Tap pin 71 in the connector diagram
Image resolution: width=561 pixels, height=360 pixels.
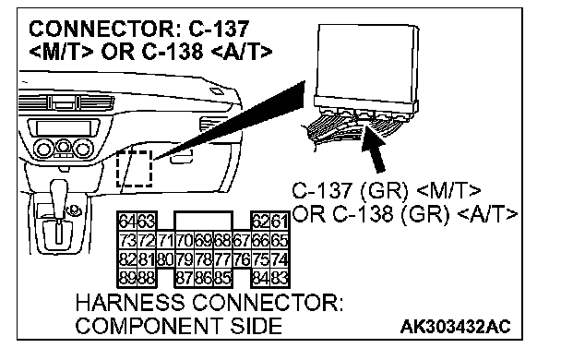(165, 240)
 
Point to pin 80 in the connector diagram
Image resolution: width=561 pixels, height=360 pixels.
(165, 258)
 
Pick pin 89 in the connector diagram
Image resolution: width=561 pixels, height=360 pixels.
(127, 278)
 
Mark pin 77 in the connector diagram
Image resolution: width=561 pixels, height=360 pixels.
(222, 258)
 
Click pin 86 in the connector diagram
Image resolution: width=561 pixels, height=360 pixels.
(204, 278)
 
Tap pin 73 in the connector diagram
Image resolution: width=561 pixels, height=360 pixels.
(127, 240)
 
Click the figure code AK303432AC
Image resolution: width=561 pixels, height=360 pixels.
(455, 327)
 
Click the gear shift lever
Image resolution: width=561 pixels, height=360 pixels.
(58, 210)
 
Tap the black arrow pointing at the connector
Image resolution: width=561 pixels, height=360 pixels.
(374, 150)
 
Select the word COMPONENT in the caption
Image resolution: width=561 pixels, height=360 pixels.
(149, 326)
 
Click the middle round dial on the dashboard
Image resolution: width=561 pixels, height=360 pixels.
(64, 147)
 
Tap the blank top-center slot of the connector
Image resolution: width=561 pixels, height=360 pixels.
(204, 220)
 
